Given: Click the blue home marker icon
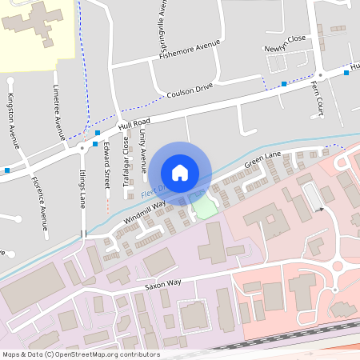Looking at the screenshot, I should pyautogui.click(x=180, y=172).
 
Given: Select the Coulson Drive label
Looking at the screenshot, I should pyautogui.click(x=189, y=93).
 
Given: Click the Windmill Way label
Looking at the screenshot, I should pyautogui.click(x=145, y=211).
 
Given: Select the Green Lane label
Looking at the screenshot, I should pyautogui.click(x=263, y=162).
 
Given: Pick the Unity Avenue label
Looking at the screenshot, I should pyautogui.click(x=143, y=152).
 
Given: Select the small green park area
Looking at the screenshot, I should pyautogui.click(x=204, y=207).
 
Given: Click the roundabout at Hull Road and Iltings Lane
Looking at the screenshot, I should pyautogui.click(x=82, y=147).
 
